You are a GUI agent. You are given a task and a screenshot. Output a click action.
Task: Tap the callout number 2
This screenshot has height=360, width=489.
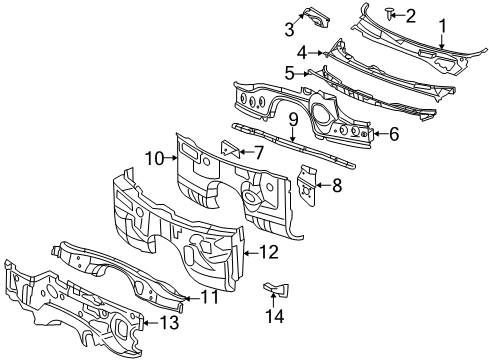pyautogui.click(x=410, y=14)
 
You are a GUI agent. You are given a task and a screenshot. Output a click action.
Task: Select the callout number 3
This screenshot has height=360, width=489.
pyautogui.click(x=290, y=27)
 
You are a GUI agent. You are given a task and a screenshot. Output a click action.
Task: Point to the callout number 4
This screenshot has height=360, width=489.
pyautogui.click(x=302, y=52)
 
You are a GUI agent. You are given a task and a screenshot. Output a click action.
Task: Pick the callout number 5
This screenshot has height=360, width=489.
pyautogui.click(x=289, y=72)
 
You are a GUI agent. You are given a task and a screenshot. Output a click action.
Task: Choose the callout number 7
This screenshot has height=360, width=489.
pyautogui.click(x=258, y=153)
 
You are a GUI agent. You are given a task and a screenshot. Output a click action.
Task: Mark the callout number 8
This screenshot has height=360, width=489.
pyautogui.click(x=337, y=184)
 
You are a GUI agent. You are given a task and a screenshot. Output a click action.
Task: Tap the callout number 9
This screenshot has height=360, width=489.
pyautogui.click(x=294, y=121)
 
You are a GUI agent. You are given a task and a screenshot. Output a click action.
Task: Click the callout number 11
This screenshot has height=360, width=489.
pyautogui.click(x=209, y=296)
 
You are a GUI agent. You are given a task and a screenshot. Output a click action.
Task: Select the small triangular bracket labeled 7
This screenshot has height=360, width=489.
pyautogui.click(x=229, y=151)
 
